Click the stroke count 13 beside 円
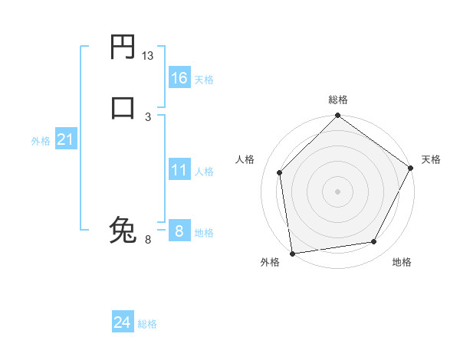tap(148, 56)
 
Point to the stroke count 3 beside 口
tap(148, 116)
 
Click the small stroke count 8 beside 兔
tap(148, 240)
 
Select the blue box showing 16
tap(179, 78)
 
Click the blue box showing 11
tap(179, 170)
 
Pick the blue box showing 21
tap(65, 139)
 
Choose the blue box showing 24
tap(122, 322)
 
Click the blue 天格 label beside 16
tap(204, 80)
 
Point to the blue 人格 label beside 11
tap(204, 172)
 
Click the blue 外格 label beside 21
tap(41, 141)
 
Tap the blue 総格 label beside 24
tap(147, 324)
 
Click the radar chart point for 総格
tap(337, 116)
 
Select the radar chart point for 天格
tap(411, 169)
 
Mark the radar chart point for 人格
tap(280, 172)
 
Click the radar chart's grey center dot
tap(337, 191)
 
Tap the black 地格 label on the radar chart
tap(402, 262)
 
